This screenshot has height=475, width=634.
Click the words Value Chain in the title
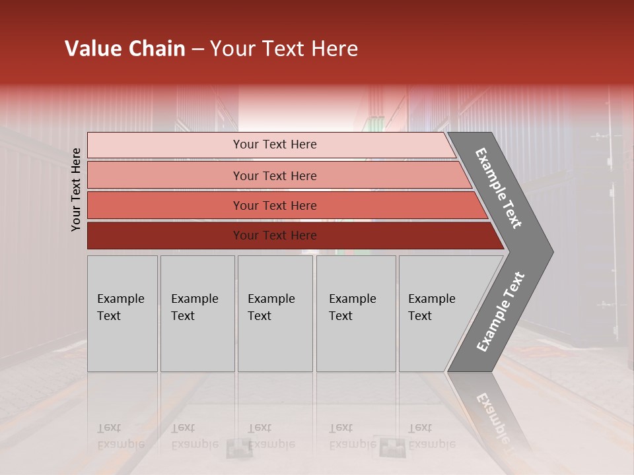pos(125,49)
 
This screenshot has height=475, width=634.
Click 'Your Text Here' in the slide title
pos(284,49)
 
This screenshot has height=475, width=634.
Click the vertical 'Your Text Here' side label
pos(76,189)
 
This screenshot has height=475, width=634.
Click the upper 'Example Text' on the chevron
pos(499,188)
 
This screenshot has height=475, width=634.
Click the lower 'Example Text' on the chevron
pos(501,312)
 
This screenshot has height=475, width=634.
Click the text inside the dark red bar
pos(275,236)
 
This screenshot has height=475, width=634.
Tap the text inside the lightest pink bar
pos(275,144)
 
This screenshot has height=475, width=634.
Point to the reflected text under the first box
pos(120,436)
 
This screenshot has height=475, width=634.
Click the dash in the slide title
pos(197,49)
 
